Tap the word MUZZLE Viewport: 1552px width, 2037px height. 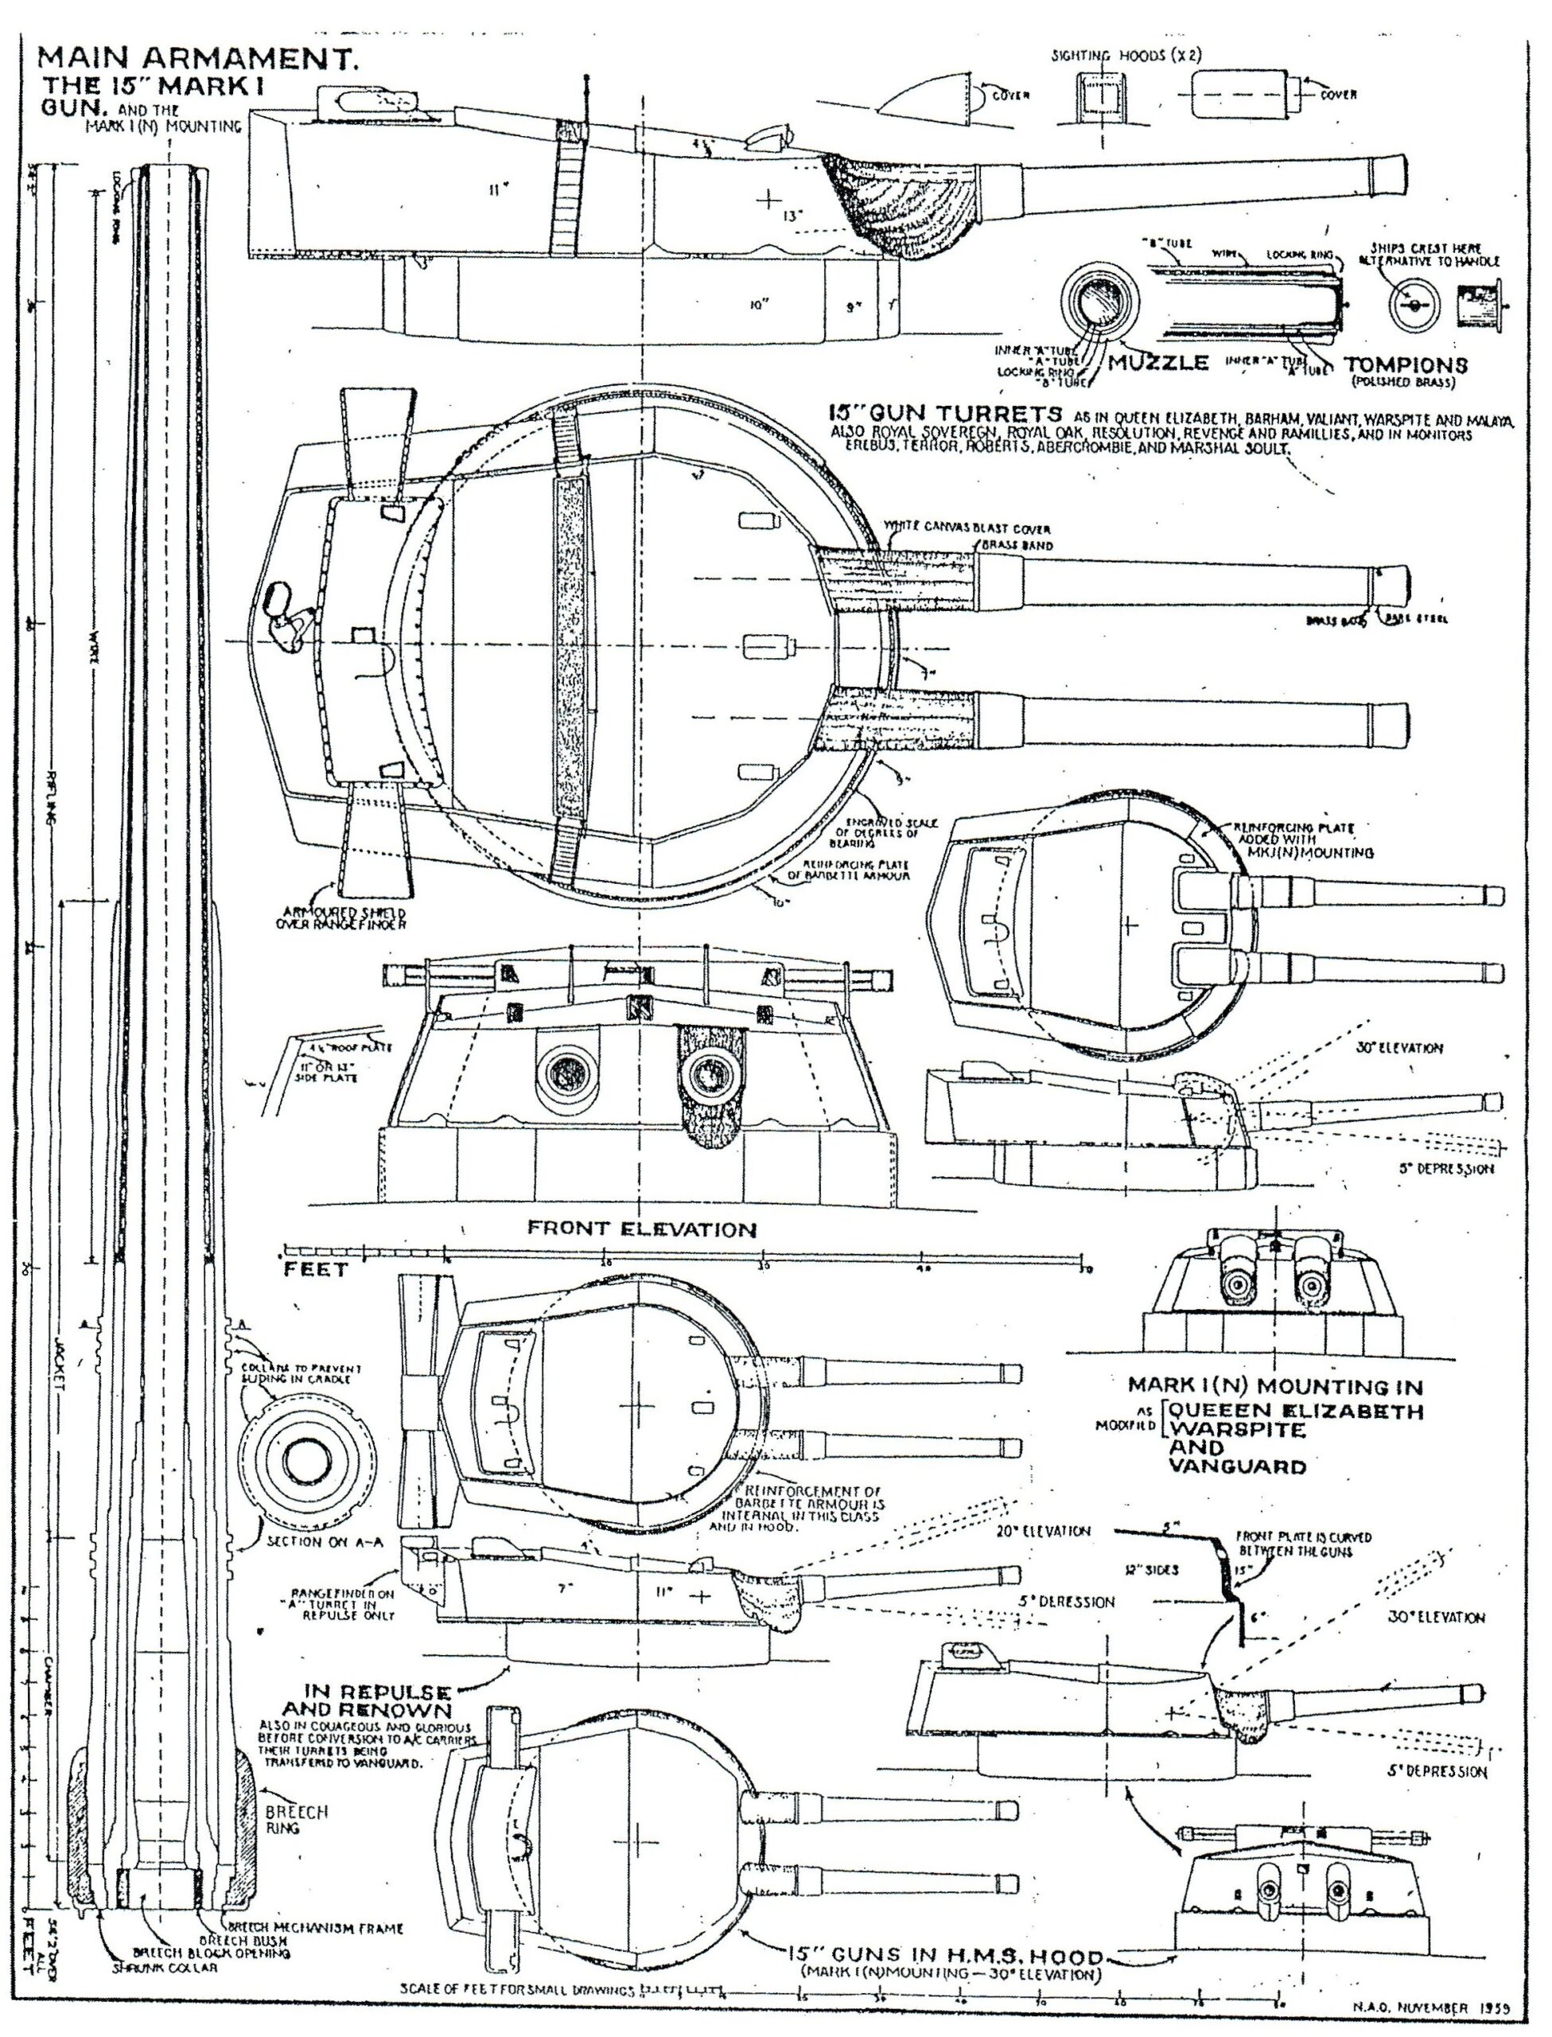tap(1158, 362)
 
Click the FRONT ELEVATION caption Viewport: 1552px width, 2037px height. tap(641, 1229)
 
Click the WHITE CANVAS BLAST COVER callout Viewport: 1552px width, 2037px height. tap(968, 528)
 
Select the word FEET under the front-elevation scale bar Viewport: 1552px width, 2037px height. tap(316, 1269)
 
